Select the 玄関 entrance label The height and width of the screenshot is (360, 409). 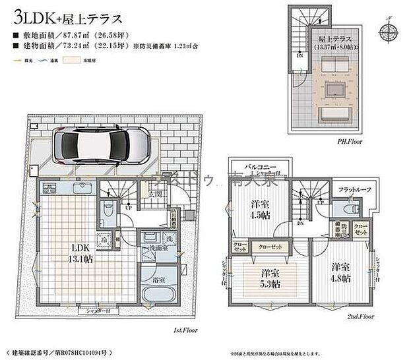pyautogui.click(x=155, y=195)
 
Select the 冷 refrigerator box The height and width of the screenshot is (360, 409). pyautogui.click(x=104, y=241)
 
